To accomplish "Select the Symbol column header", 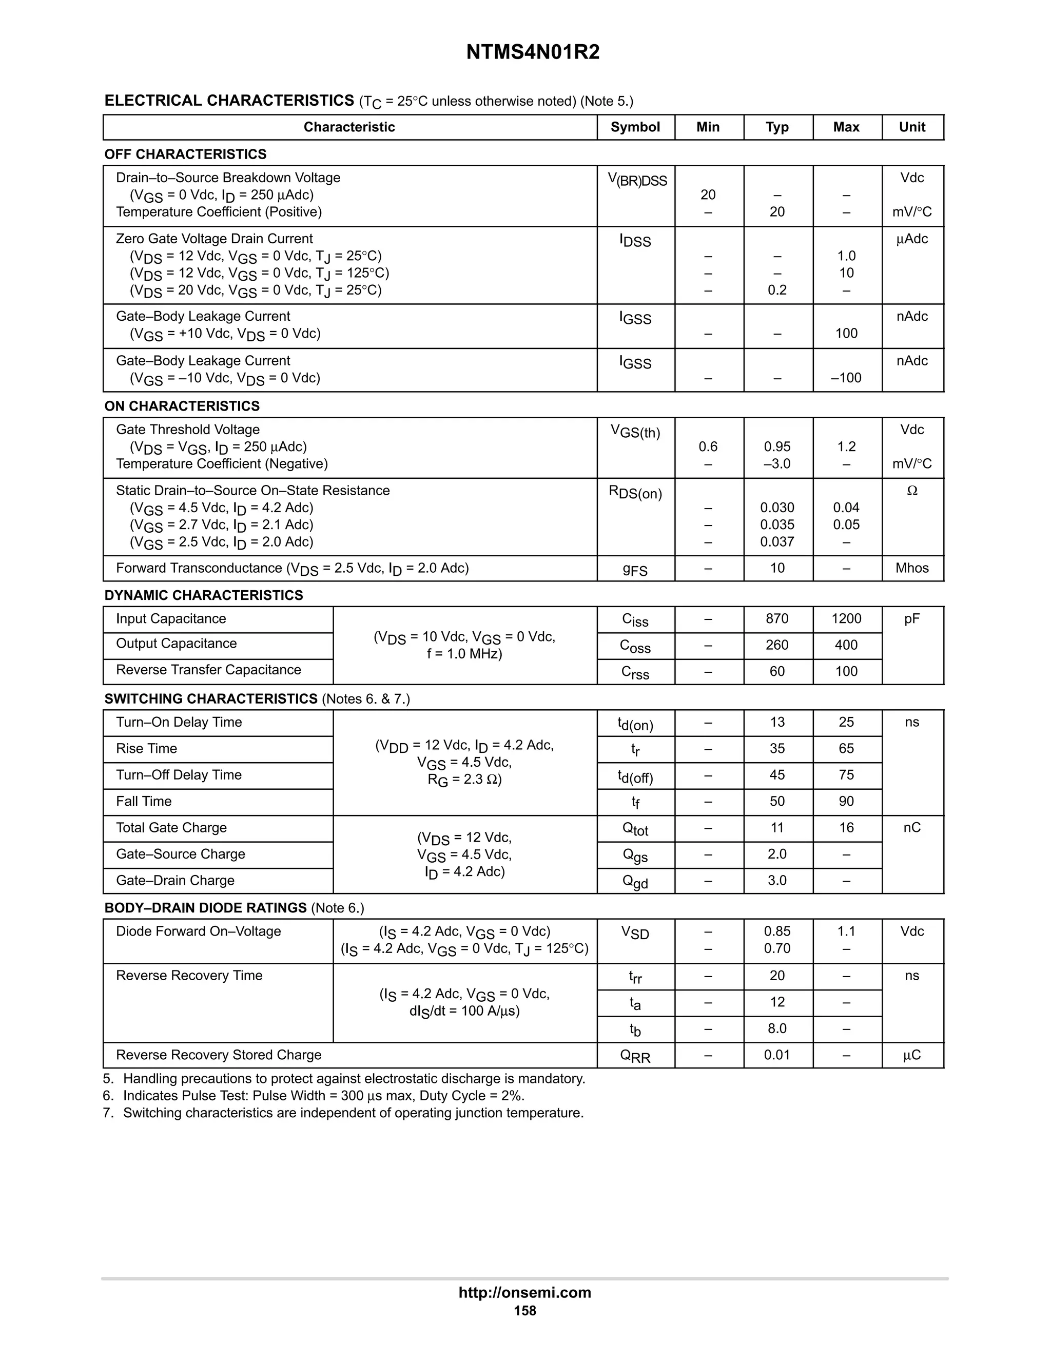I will (x=635, y=127).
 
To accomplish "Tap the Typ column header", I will (x=777, y=127).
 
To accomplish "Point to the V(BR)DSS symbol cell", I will (x=636, y=180).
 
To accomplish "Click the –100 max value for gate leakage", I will (x=846, y=378).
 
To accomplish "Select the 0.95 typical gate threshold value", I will (x=777, y=446).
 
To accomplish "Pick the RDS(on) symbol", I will (x=635, y=493).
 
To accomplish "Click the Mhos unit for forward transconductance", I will (x=911, y=568).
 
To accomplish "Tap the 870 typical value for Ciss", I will (x=777, y=618).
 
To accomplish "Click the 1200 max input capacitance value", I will (x=846, y=618).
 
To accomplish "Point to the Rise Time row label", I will (x=146, y=748).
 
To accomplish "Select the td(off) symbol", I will (x=635, y=776).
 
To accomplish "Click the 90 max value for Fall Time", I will (x=846, y=802).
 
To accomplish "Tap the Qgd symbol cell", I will (x=635, y=882).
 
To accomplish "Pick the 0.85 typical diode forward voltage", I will (x=777, y=931).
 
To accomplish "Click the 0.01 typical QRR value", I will (x=777, y=1055).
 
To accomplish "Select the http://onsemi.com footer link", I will (x=524, y=1292).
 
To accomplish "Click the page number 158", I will (x=524, y=1311).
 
